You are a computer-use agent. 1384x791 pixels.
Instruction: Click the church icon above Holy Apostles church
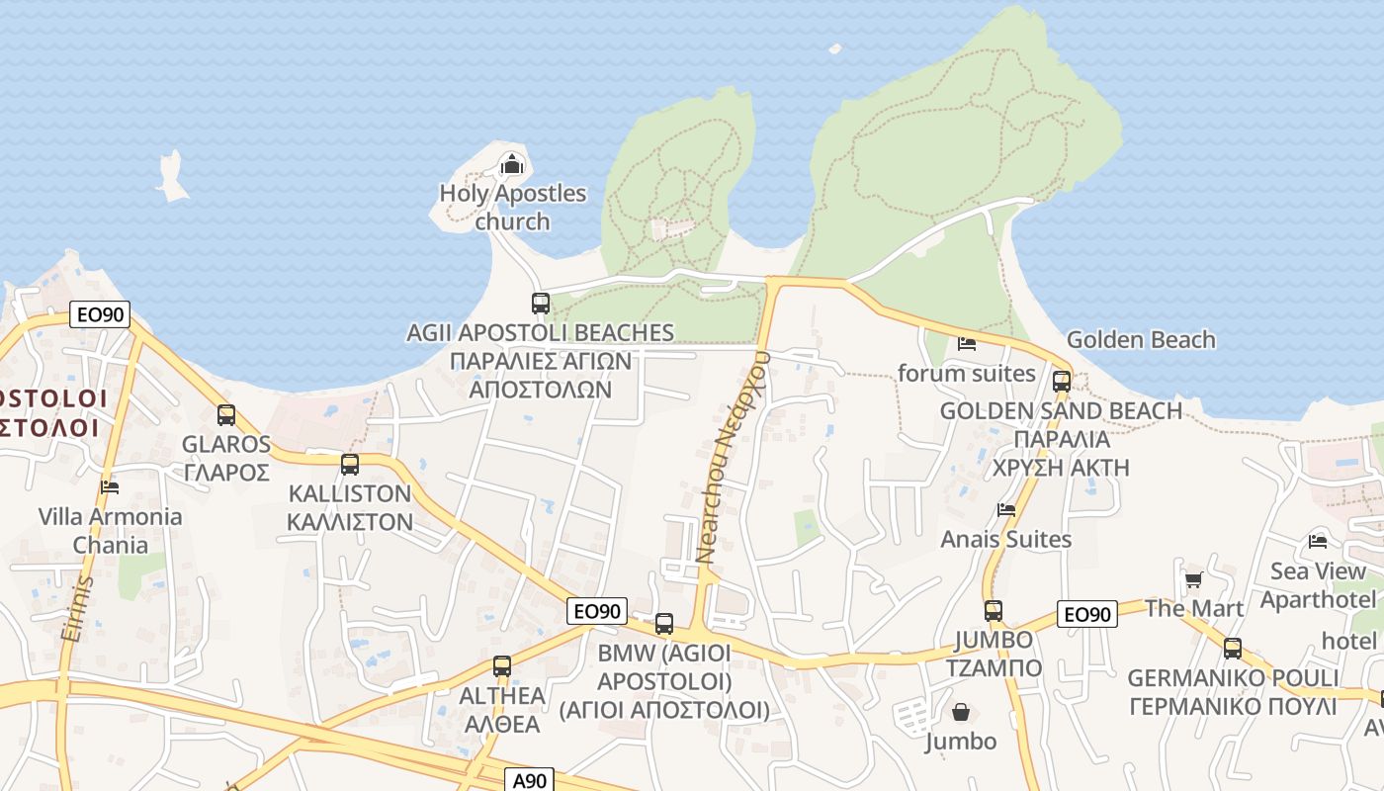point(511,163)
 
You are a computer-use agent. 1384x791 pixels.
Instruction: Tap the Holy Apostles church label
point(512,207)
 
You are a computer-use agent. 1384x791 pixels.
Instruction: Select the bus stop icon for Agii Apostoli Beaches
point(541,304)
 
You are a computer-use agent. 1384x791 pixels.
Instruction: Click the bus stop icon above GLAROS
point(226,415)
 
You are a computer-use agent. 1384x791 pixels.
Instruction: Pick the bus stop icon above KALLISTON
point(349,464)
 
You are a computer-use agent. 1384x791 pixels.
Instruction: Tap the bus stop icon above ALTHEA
point(502,666)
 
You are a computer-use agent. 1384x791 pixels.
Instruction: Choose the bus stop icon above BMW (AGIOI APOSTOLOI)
point(664,624)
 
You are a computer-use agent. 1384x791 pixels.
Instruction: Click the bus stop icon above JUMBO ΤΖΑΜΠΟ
point(994,611)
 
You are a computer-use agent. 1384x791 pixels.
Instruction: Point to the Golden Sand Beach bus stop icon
point(1062,381)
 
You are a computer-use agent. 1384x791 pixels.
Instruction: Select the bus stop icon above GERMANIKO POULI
point(1233,649)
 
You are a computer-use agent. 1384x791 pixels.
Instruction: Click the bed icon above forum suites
point(967,344)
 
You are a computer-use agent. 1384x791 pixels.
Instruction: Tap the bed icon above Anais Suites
point(1006,510)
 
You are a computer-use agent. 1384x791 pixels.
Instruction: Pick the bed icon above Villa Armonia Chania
point(110,486)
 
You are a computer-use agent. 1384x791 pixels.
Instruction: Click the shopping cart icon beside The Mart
point(1193,580)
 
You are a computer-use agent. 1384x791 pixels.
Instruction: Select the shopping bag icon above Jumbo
point(961,712)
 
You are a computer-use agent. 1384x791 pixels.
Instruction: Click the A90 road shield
point(530,780)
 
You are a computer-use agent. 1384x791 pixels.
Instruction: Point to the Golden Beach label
point(1141,339)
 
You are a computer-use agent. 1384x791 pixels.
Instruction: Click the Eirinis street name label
point(77,608)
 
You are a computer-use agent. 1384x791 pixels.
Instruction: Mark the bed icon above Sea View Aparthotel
point(1318,541)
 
